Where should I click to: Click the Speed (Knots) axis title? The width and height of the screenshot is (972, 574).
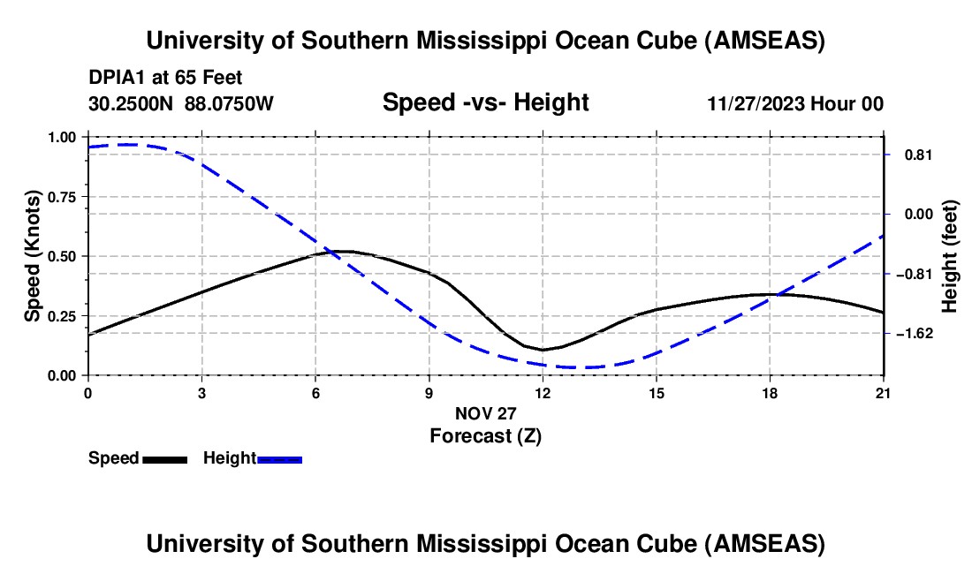click(32, 256)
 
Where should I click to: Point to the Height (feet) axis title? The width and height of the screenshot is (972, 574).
click(950, 256)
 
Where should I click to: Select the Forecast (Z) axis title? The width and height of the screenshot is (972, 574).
click(485, 435)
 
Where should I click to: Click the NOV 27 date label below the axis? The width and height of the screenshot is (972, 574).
click(485, 413)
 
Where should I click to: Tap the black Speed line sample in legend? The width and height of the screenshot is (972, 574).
click(164, 459)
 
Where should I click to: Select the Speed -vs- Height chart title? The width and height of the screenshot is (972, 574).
click(485, 102)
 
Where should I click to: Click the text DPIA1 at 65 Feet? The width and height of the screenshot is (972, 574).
click(165, 78)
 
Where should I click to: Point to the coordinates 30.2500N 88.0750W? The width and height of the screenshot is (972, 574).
click(181, 103)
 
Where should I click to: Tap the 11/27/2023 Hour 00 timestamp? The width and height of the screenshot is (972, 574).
click(795, 103)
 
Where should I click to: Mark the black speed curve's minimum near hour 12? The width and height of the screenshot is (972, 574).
click(543, 350)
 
